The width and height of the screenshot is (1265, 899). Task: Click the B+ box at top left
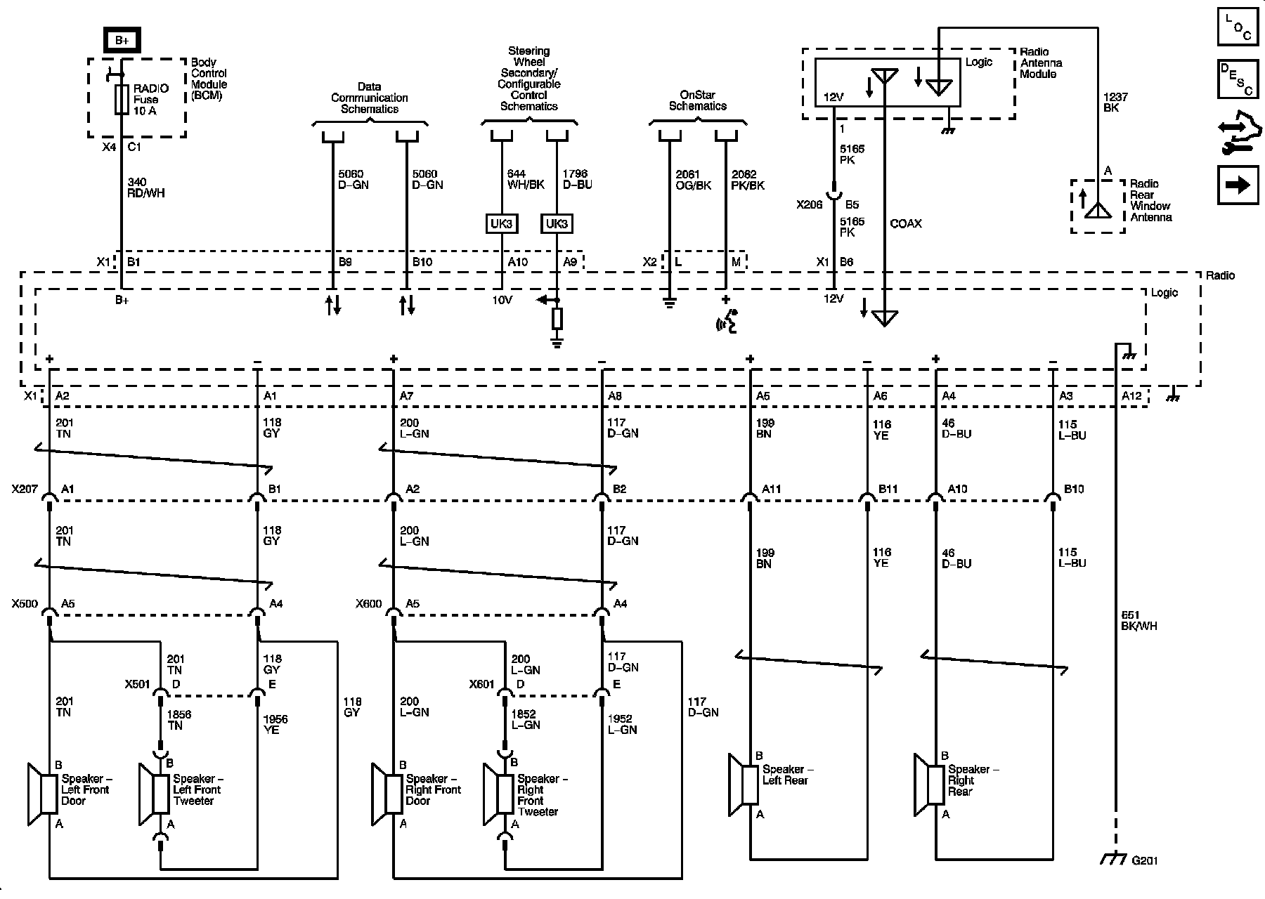(122, 40)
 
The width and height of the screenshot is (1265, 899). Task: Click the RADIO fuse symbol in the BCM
(122, 100)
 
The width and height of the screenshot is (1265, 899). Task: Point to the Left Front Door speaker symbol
(42, 794)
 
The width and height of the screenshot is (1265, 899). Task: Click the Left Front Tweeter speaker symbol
(154, 794)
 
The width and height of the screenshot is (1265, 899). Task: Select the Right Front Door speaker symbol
(387, 794)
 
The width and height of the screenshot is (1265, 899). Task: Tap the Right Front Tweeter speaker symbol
(498, 794)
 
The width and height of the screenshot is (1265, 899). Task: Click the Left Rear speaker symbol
(744, 785)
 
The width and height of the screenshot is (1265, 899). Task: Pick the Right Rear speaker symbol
(929, 785)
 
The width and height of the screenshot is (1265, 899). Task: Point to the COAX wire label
(906, 224)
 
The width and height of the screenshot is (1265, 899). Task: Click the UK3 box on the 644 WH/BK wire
(502, 224)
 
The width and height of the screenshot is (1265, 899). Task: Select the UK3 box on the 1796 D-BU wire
(557, 224)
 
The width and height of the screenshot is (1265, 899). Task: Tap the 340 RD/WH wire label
(146, 188)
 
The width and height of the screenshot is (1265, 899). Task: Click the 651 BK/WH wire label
(1138, 620)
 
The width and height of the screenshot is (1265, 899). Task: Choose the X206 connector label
(810, 205)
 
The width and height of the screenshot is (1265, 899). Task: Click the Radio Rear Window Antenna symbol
(1097, 206)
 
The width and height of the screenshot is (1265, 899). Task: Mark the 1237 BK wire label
(1116, 102)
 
